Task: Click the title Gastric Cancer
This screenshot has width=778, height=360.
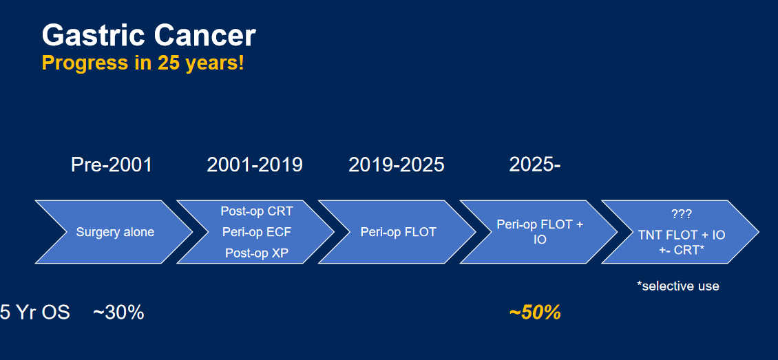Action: (x=149, y=36)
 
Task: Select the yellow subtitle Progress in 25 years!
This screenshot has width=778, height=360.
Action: (x=143, y=63)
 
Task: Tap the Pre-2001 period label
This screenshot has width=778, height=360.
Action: (x=112, y=165)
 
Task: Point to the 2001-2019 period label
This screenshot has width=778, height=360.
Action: (x=255, y=165)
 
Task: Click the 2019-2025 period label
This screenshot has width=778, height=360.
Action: (x=397, y=165)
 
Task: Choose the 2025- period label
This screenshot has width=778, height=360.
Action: (x=535, y=165)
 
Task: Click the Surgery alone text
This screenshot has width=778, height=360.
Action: (x=115, y=232)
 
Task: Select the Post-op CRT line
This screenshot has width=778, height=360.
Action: (x=257, y=211)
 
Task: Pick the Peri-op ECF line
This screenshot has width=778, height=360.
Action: (x=257, y=232)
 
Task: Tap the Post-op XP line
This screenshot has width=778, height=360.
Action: (x=257, y=253)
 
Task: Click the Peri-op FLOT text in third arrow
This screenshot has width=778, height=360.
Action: (x=399, y=232)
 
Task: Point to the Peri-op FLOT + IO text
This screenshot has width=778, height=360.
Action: (x=540, y=232)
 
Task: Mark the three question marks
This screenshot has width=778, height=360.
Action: (x=681, y=214)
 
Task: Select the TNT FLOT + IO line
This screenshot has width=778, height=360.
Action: (x=682, y=235)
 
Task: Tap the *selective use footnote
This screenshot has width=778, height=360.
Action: (x=677, y=286)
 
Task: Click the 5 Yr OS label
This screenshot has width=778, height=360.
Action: (x=34, y=313)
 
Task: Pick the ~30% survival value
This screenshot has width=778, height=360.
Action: (x=118, y=313)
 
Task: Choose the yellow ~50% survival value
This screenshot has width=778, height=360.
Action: (x=535, y=313)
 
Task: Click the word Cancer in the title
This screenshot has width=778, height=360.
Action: (x=205, y=36)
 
